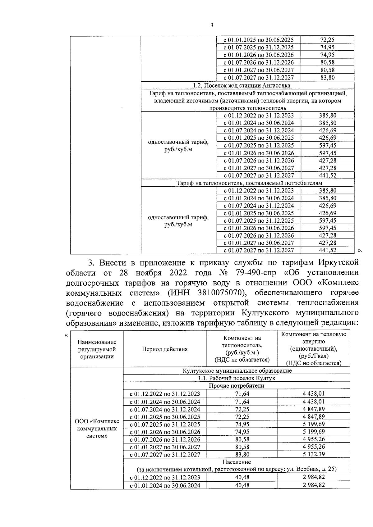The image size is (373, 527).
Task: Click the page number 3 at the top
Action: (x=212, y=26)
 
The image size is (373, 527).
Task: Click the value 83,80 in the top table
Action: (x=327, y=78)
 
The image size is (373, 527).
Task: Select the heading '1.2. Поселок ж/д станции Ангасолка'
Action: (x=247, y=85)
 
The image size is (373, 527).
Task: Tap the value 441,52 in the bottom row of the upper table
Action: (x=327, y=250)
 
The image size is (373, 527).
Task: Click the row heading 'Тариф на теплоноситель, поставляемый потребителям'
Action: (x=247, y=183)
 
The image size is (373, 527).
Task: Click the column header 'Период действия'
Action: (x=165, y=349)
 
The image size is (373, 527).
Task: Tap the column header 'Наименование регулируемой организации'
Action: (x=97, y=349)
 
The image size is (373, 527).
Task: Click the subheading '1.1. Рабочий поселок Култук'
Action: (x=237, y=378)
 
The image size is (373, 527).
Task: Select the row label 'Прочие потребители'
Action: (x=237, y=386)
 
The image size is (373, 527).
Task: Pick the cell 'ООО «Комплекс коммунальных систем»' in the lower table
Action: (x=97, y=429)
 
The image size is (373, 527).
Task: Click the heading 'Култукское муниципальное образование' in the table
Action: (x=237, y=371)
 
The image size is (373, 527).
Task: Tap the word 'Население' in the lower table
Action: (x=237, y=462)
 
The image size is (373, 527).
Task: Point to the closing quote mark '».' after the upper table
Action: (x=360, y=250)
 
